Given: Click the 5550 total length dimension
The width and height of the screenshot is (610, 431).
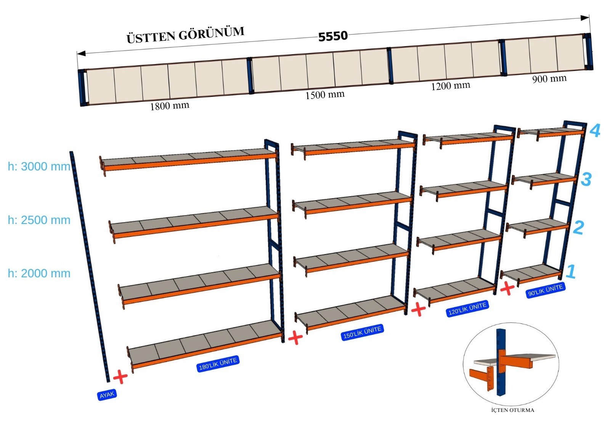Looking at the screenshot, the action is (333, 36).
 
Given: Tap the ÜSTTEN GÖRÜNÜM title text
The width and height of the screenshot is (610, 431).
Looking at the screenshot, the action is (185, 35).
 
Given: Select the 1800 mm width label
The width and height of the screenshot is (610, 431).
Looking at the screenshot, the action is (169, 106).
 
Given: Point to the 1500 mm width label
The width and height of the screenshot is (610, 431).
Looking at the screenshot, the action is (324, 95).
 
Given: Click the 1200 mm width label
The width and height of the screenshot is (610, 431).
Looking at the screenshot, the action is (450, 86).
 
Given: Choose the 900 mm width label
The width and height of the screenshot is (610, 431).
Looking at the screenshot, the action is (549, 79).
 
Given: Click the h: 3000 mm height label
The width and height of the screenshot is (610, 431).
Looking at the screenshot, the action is (39, 166).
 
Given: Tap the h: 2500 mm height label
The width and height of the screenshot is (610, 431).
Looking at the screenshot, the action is (39, 220).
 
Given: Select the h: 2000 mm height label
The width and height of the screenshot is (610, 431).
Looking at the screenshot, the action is (39, 273).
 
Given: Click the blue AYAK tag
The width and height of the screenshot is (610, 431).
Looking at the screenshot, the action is (107, 395).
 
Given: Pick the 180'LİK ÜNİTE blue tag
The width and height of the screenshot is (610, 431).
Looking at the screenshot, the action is (218, 364).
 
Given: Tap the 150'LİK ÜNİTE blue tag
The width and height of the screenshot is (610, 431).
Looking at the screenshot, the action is (362, 332).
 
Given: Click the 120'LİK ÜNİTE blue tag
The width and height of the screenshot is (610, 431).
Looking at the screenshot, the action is (467, 309).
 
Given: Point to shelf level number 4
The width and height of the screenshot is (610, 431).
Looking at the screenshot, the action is (595, 130).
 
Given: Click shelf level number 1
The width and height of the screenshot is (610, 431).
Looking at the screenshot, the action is (571, 271).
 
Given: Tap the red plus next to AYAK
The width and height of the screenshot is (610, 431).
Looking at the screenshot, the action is (120, 376).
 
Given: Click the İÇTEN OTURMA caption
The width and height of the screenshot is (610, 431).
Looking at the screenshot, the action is (512, 410).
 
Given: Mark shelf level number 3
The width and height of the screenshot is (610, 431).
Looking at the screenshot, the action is (586, 179).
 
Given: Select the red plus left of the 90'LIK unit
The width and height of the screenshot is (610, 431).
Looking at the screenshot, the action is (507, 288).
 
